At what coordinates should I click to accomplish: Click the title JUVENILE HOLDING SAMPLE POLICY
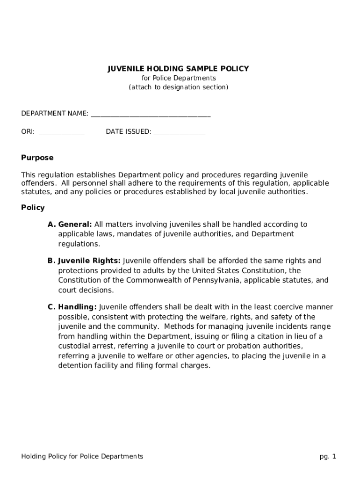point(179,69)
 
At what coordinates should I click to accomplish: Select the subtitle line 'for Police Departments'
point(179,78)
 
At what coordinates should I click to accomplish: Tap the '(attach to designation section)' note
point(179,87)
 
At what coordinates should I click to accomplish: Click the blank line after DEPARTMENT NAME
point(151,114)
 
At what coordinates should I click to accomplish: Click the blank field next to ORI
point(61,132)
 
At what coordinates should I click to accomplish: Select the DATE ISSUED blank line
point(179,132)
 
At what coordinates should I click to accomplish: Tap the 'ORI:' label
point(28,132)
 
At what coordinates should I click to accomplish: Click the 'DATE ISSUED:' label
point(129,132)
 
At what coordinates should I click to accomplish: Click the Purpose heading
point(37,158)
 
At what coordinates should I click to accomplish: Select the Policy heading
point(33,207)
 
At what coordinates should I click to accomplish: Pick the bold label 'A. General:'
point(70,225)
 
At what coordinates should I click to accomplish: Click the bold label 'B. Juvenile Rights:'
point(84,261)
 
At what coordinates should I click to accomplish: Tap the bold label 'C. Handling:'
point(72,307)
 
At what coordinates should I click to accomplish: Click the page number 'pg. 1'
point(328,457)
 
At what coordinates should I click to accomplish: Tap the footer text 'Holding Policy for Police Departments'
point(82,457)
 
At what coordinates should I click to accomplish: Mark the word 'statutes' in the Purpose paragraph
point(36,192)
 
